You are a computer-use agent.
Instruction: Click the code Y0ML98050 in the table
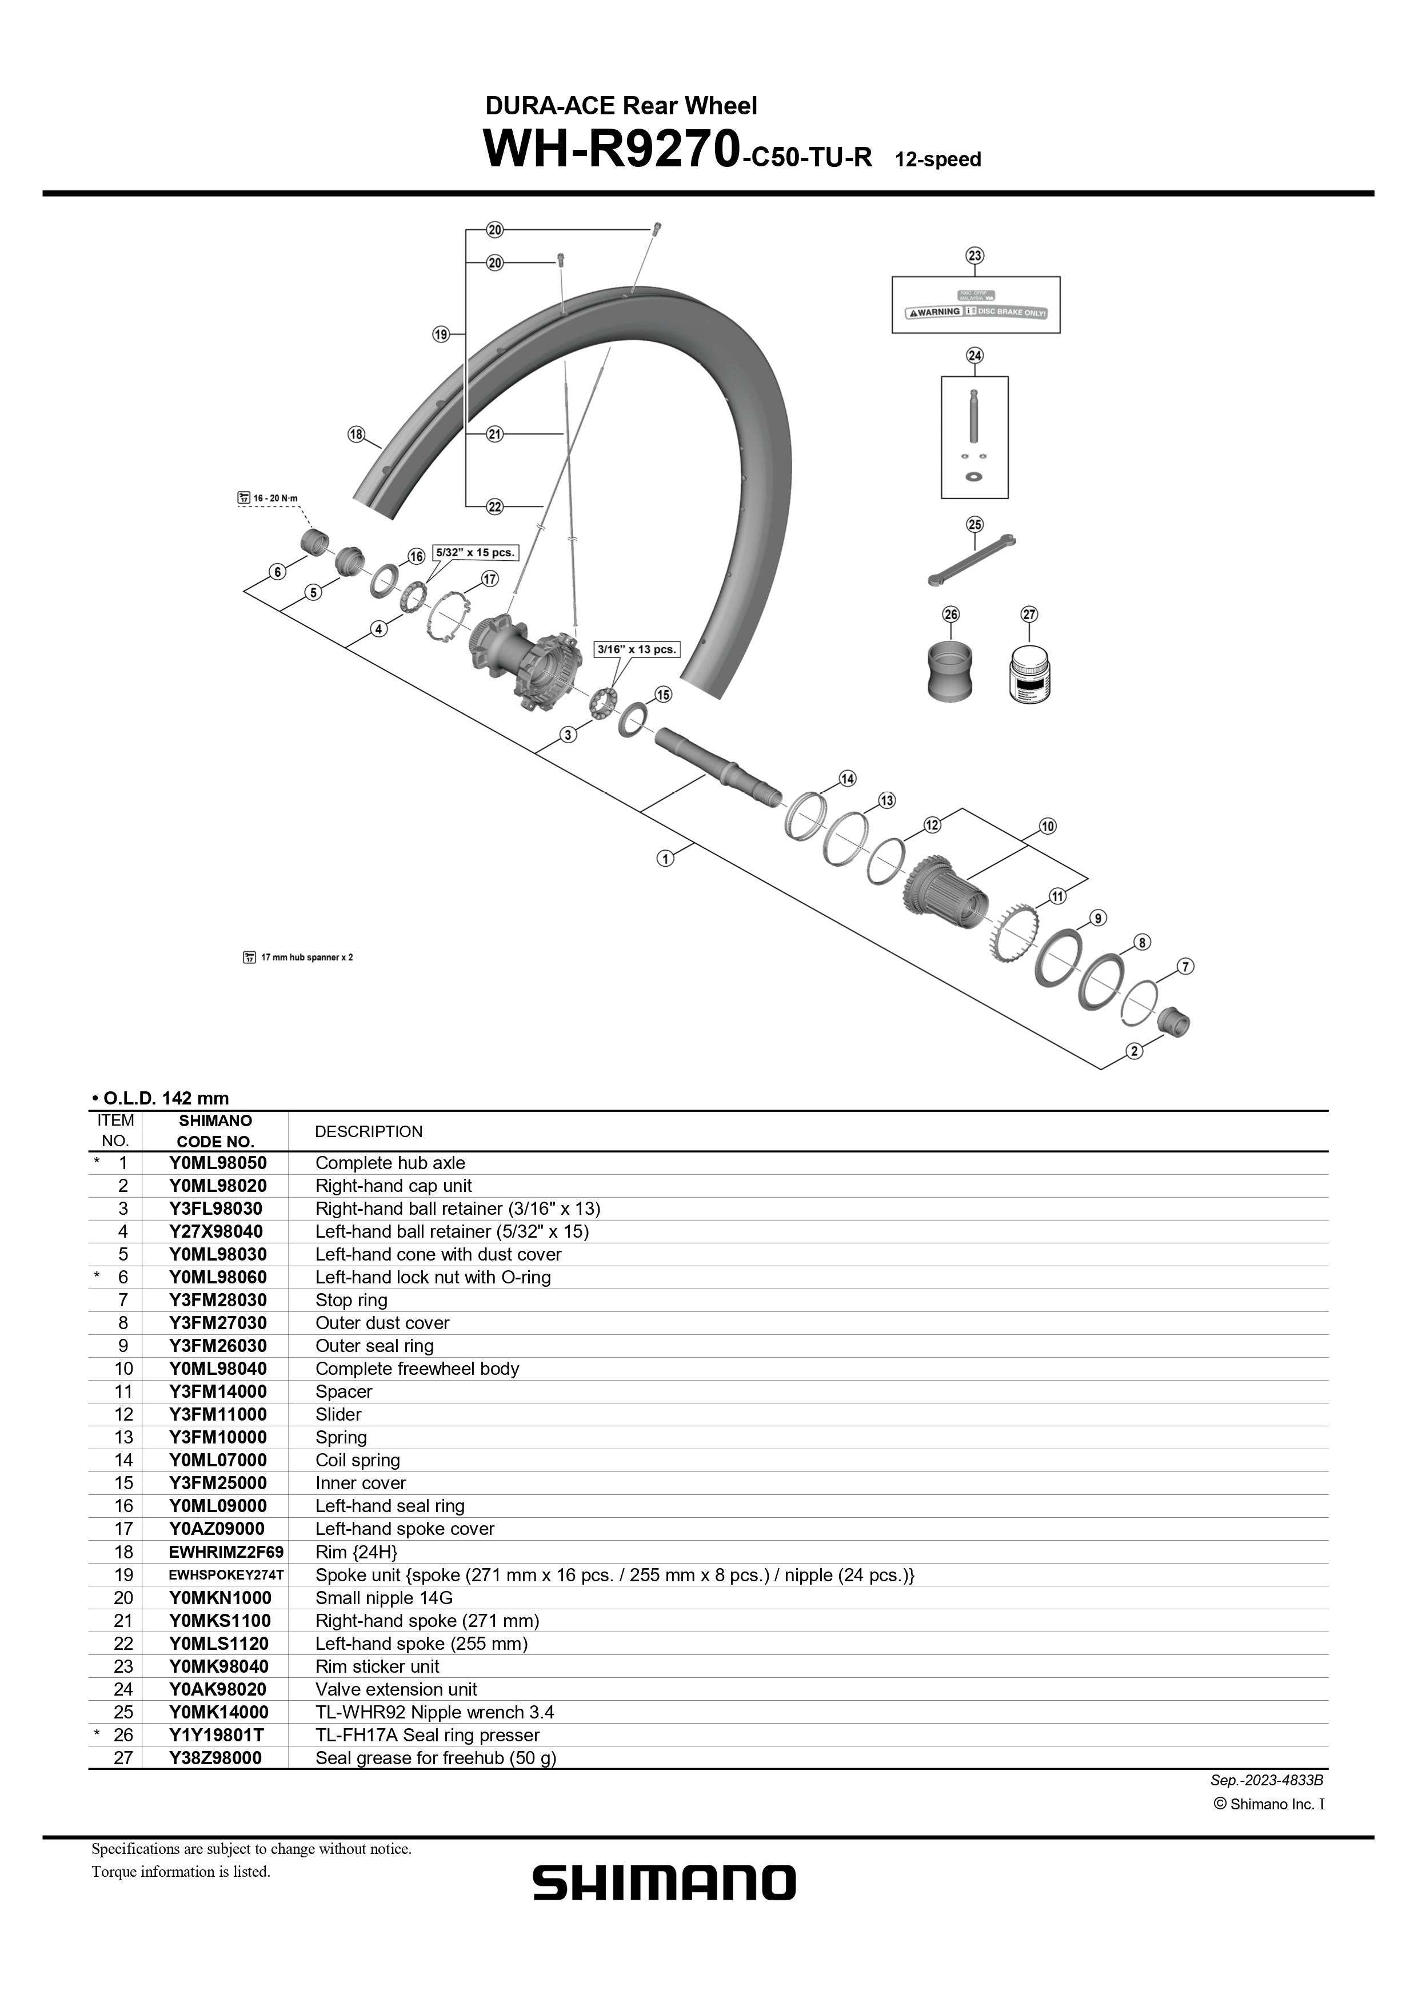pyautogui.click(x=218, y=1163)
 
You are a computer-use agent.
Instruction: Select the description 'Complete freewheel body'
pyautogui.click(x=417, y=1368)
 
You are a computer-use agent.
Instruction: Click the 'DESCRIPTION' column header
pyautogui.click(x=368, y=1131)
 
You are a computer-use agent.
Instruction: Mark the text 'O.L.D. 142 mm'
pyautogui.click(x=165, y=1098)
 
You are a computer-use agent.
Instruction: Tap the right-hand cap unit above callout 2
pyautogui.click(x=1173, y=1020)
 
